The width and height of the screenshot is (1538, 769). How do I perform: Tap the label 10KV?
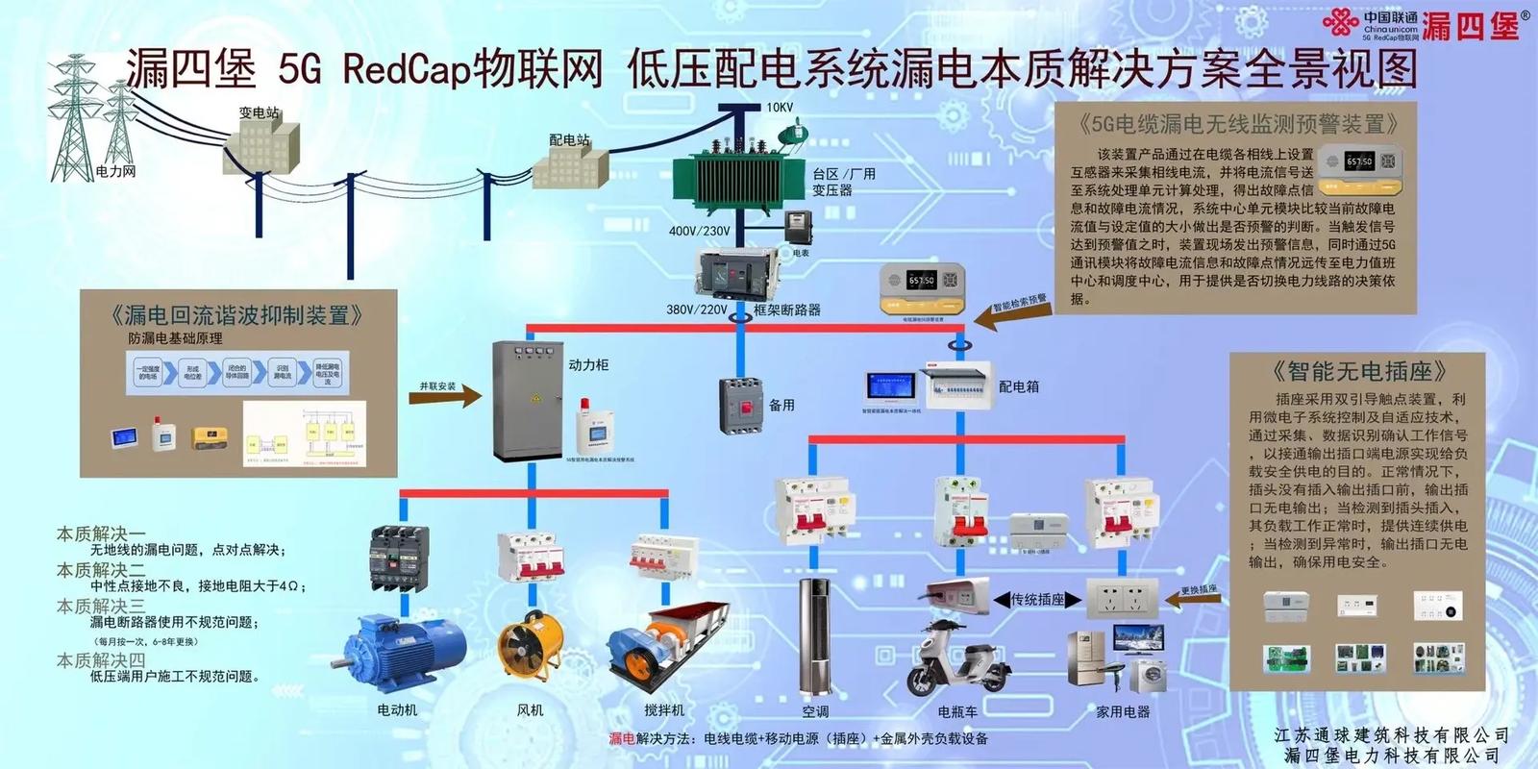(780, 108)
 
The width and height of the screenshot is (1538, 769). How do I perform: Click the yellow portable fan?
(528, 650)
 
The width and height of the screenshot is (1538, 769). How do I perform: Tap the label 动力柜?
(588, 365)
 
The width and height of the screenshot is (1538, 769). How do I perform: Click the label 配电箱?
(1019, 386)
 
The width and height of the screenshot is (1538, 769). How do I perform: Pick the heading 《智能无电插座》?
(1358, 371)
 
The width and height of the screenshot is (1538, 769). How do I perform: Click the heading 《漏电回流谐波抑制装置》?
(236, 315)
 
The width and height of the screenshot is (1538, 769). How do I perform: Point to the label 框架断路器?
(786, 310)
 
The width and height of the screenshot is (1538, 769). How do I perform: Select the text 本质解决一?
(101, 533)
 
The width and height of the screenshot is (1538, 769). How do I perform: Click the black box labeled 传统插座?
(1037, 600)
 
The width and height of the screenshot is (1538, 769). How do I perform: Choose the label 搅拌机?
(664, 710)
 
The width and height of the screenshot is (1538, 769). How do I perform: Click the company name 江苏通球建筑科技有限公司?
(1392, 735)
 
